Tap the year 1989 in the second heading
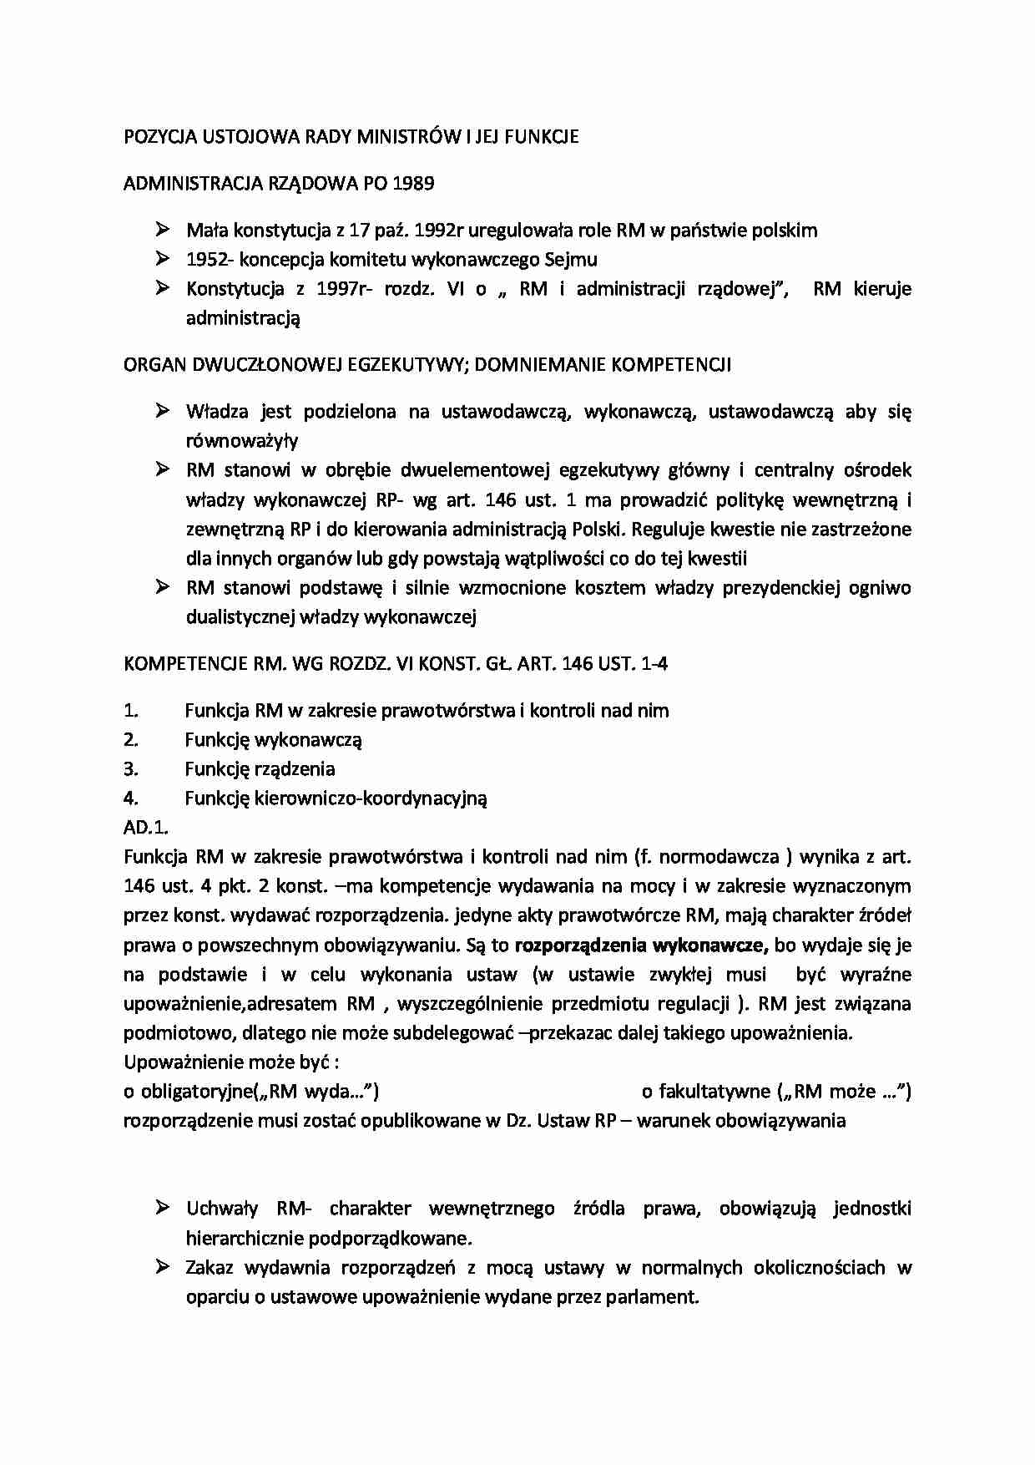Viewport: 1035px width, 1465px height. point(412,184)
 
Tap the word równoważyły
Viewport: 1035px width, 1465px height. point(242,441)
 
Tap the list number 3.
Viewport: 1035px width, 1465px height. point(131,769)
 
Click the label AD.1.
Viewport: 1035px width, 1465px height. point(146,828)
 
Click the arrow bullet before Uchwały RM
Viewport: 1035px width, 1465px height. point(162,1208)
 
